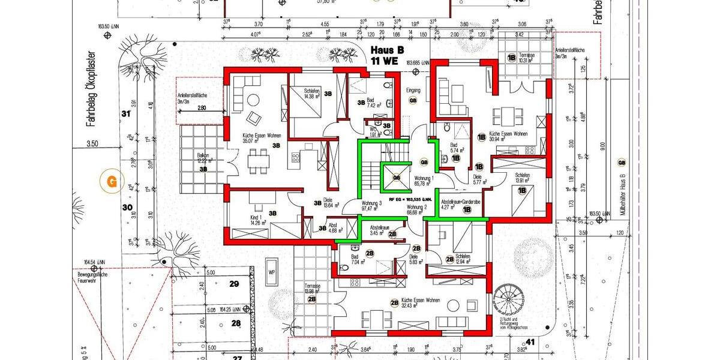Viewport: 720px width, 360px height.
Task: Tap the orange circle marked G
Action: (110, 180)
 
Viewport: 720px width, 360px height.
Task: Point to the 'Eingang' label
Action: (413, 91)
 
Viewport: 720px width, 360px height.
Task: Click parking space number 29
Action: (234, 284)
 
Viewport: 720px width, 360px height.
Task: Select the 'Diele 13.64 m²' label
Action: (332, 205)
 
